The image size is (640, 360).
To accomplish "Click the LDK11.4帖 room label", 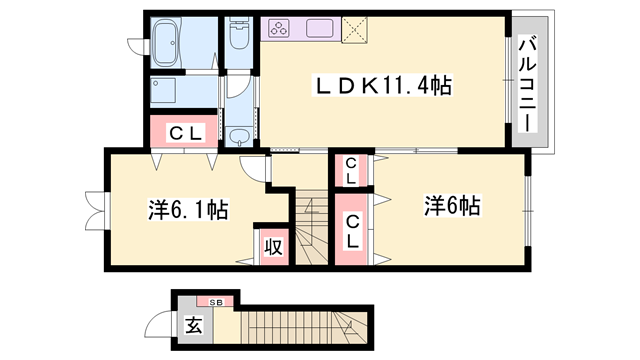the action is [382, 85].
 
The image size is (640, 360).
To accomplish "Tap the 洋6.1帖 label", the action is [188, 209].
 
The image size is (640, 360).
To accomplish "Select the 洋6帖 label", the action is [451, 205].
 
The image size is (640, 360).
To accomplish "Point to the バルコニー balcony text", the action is [527, 84].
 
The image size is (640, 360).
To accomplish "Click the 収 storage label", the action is [273, 246].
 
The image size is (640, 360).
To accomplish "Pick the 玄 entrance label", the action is [193, 325].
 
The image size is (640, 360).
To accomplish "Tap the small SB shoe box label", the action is [216, 302].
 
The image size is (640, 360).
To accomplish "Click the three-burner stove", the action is [279, 29].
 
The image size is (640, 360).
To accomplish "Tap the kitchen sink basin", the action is [320, 28].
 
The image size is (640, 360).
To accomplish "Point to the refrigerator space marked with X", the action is [354, 29].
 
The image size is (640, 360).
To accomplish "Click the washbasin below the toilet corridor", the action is [239, 136].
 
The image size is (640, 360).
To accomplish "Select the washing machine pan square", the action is [163, 91].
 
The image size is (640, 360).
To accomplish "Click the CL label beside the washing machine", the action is [186, 133].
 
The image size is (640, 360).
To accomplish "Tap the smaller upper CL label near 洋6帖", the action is [351, 171].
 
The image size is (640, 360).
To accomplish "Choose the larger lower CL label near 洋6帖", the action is [352, 232].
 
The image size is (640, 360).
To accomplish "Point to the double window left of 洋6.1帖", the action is [96, 211].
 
